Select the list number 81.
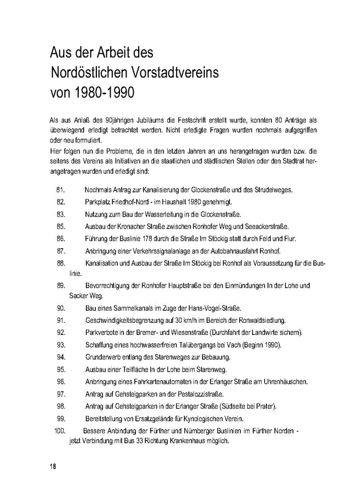pos(61,190)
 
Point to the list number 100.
pos(61,431)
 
